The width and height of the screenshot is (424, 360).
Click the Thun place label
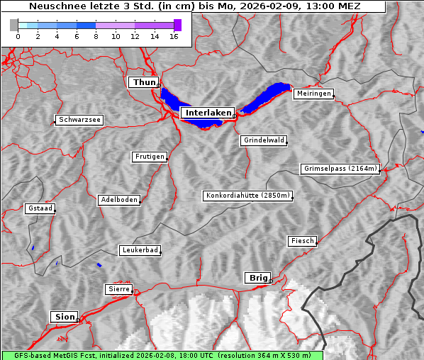[143, 83]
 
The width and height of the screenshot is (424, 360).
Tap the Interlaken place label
[207, 113]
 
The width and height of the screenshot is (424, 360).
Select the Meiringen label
[313, 94]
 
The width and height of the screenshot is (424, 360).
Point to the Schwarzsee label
[80, 120]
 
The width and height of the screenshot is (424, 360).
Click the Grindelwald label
[264, 140]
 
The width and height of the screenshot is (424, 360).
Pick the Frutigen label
[149, 157]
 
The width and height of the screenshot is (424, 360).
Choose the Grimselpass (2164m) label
[340, 169]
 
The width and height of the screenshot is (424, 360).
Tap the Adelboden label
[118, 200]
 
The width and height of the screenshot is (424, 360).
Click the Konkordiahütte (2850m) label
[247, 196]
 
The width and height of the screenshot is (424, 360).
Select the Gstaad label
[40, 208]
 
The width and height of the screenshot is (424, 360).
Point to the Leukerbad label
[140, 250]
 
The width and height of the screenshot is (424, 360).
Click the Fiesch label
[301, 241]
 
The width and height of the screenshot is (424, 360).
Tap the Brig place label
[257, 278]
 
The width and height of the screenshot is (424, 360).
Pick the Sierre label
[118, 289]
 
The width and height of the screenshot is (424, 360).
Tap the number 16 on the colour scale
[174, 36]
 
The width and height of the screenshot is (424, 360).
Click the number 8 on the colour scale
[95, 36]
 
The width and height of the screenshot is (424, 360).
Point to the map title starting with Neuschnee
[194, 6]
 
